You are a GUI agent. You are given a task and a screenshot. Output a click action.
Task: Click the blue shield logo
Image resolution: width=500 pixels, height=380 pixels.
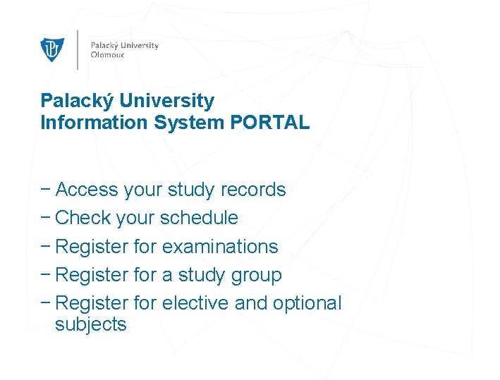52,49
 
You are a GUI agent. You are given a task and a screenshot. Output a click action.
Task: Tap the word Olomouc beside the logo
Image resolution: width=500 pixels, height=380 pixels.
107,55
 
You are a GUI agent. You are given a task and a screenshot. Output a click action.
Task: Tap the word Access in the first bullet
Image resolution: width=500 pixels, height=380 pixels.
87,190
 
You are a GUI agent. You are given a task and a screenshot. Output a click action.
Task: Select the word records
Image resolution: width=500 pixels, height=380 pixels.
253,190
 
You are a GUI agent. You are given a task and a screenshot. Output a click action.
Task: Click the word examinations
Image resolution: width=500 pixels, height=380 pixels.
220,247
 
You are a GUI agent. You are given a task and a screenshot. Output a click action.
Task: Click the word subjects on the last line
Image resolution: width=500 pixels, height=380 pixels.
90,325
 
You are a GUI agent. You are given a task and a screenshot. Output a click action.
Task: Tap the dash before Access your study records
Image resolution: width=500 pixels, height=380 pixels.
46,190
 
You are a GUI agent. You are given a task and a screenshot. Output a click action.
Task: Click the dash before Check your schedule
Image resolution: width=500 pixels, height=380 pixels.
46,218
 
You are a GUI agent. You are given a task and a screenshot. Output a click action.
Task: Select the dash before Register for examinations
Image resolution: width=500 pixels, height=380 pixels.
46,247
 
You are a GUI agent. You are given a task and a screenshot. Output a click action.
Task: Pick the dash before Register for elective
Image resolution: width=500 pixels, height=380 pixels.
46,303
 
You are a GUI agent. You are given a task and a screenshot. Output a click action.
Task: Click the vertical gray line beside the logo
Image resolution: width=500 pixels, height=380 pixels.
77,49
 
